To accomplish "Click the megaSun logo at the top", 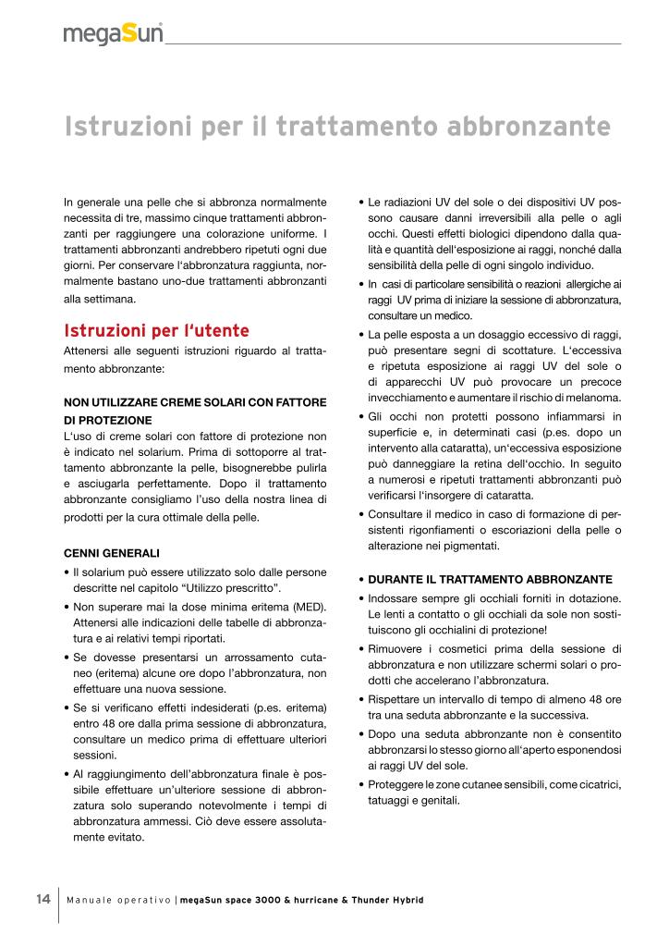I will (113, 34).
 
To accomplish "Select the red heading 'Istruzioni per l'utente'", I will (156, 330).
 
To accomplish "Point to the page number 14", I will (43, 899).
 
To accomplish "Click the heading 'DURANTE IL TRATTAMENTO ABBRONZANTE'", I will (490, 579).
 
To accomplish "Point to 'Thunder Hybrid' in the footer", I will (384, 900).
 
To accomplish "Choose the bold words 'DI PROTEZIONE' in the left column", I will (102, 420).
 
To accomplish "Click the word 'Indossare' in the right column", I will (395, 598).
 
